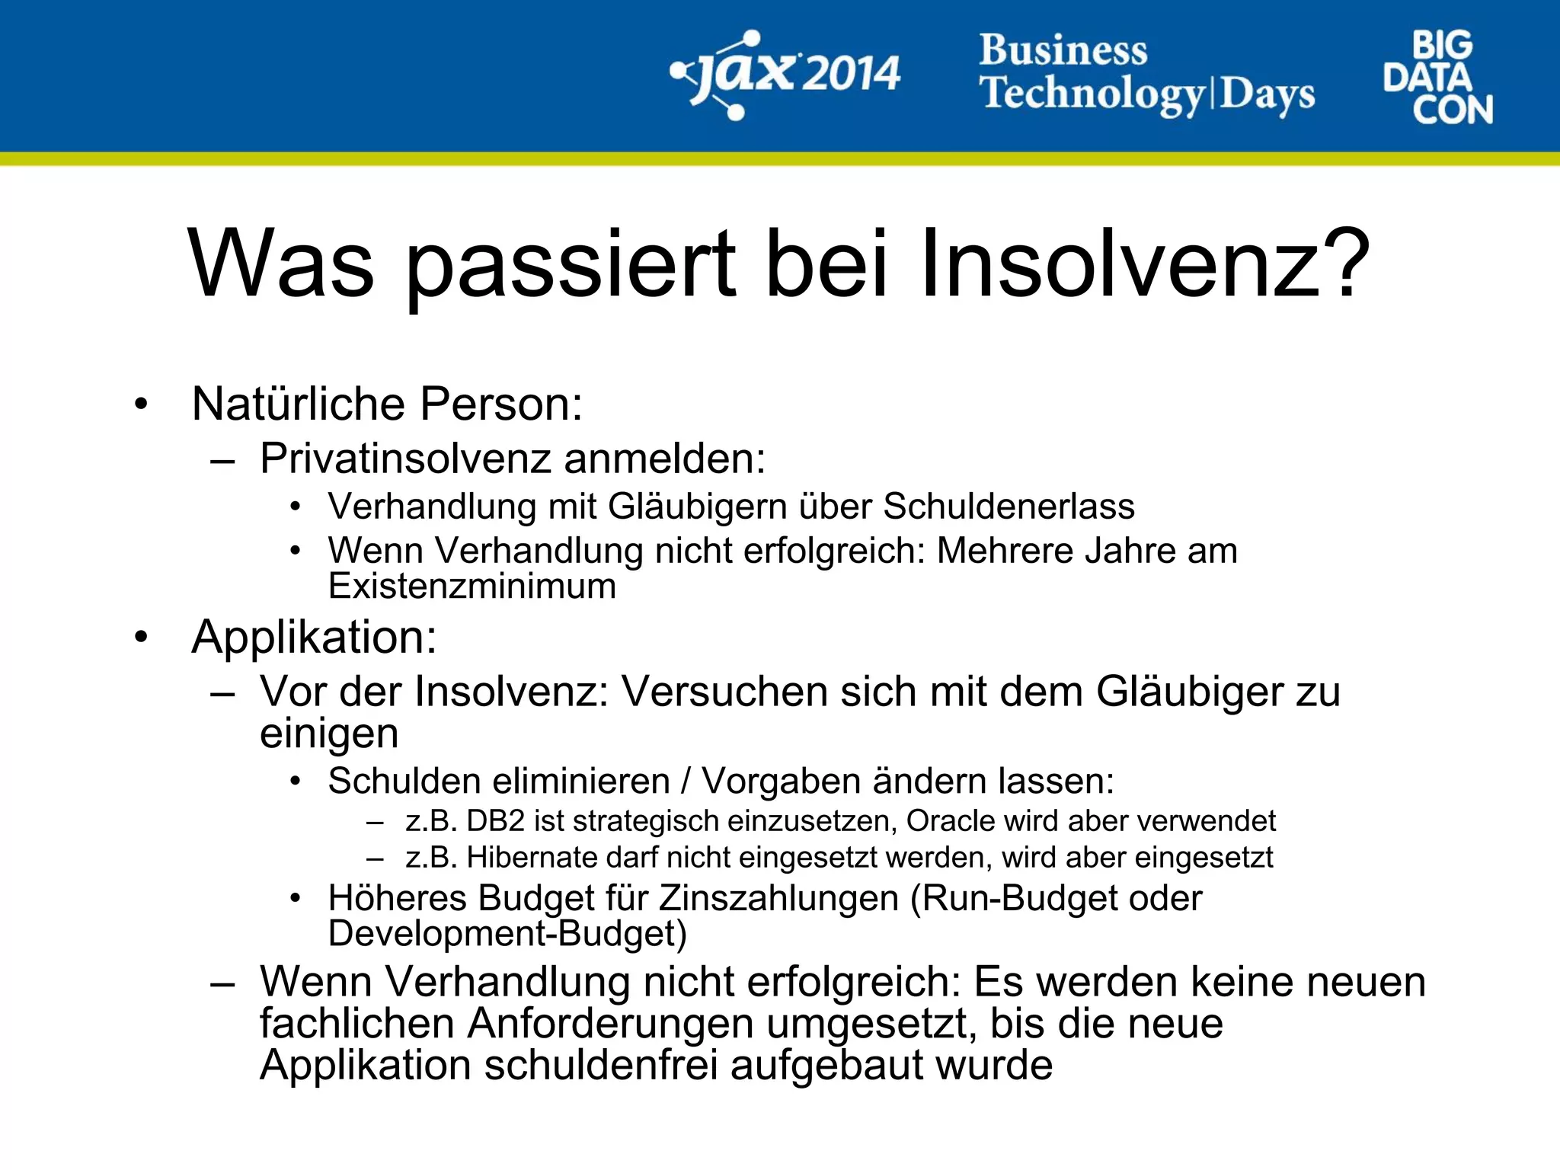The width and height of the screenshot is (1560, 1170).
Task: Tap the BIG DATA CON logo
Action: coord(1437,78)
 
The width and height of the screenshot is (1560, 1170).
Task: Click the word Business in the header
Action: coord(1063,50)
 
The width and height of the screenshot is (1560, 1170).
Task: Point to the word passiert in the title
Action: coord(571,267)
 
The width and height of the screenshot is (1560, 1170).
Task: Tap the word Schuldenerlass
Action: coord(1009,507)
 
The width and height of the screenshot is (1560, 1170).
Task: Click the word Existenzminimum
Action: coord(472,587)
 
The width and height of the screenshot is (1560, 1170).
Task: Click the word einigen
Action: coord(329,734)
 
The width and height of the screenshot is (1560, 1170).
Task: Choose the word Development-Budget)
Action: coord(507,934)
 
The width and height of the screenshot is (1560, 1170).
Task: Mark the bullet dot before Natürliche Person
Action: coord(140,404)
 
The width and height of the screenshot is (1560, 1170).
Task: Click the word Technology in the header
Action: coord(1093,94)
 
